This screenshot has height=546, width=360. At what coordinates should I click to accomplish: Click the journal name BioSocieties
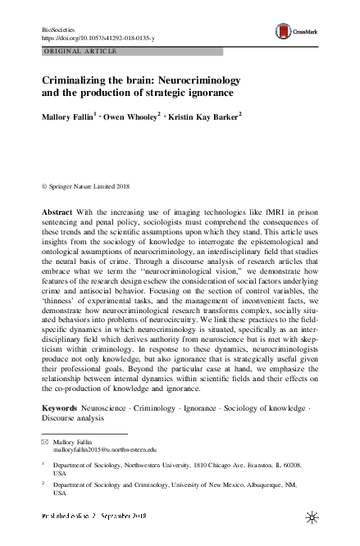57,29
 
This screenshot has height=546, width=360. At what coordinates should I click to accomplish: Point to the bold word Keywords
60,407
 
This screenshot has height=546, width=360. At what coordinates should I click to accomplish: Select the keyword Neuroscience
109,407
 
